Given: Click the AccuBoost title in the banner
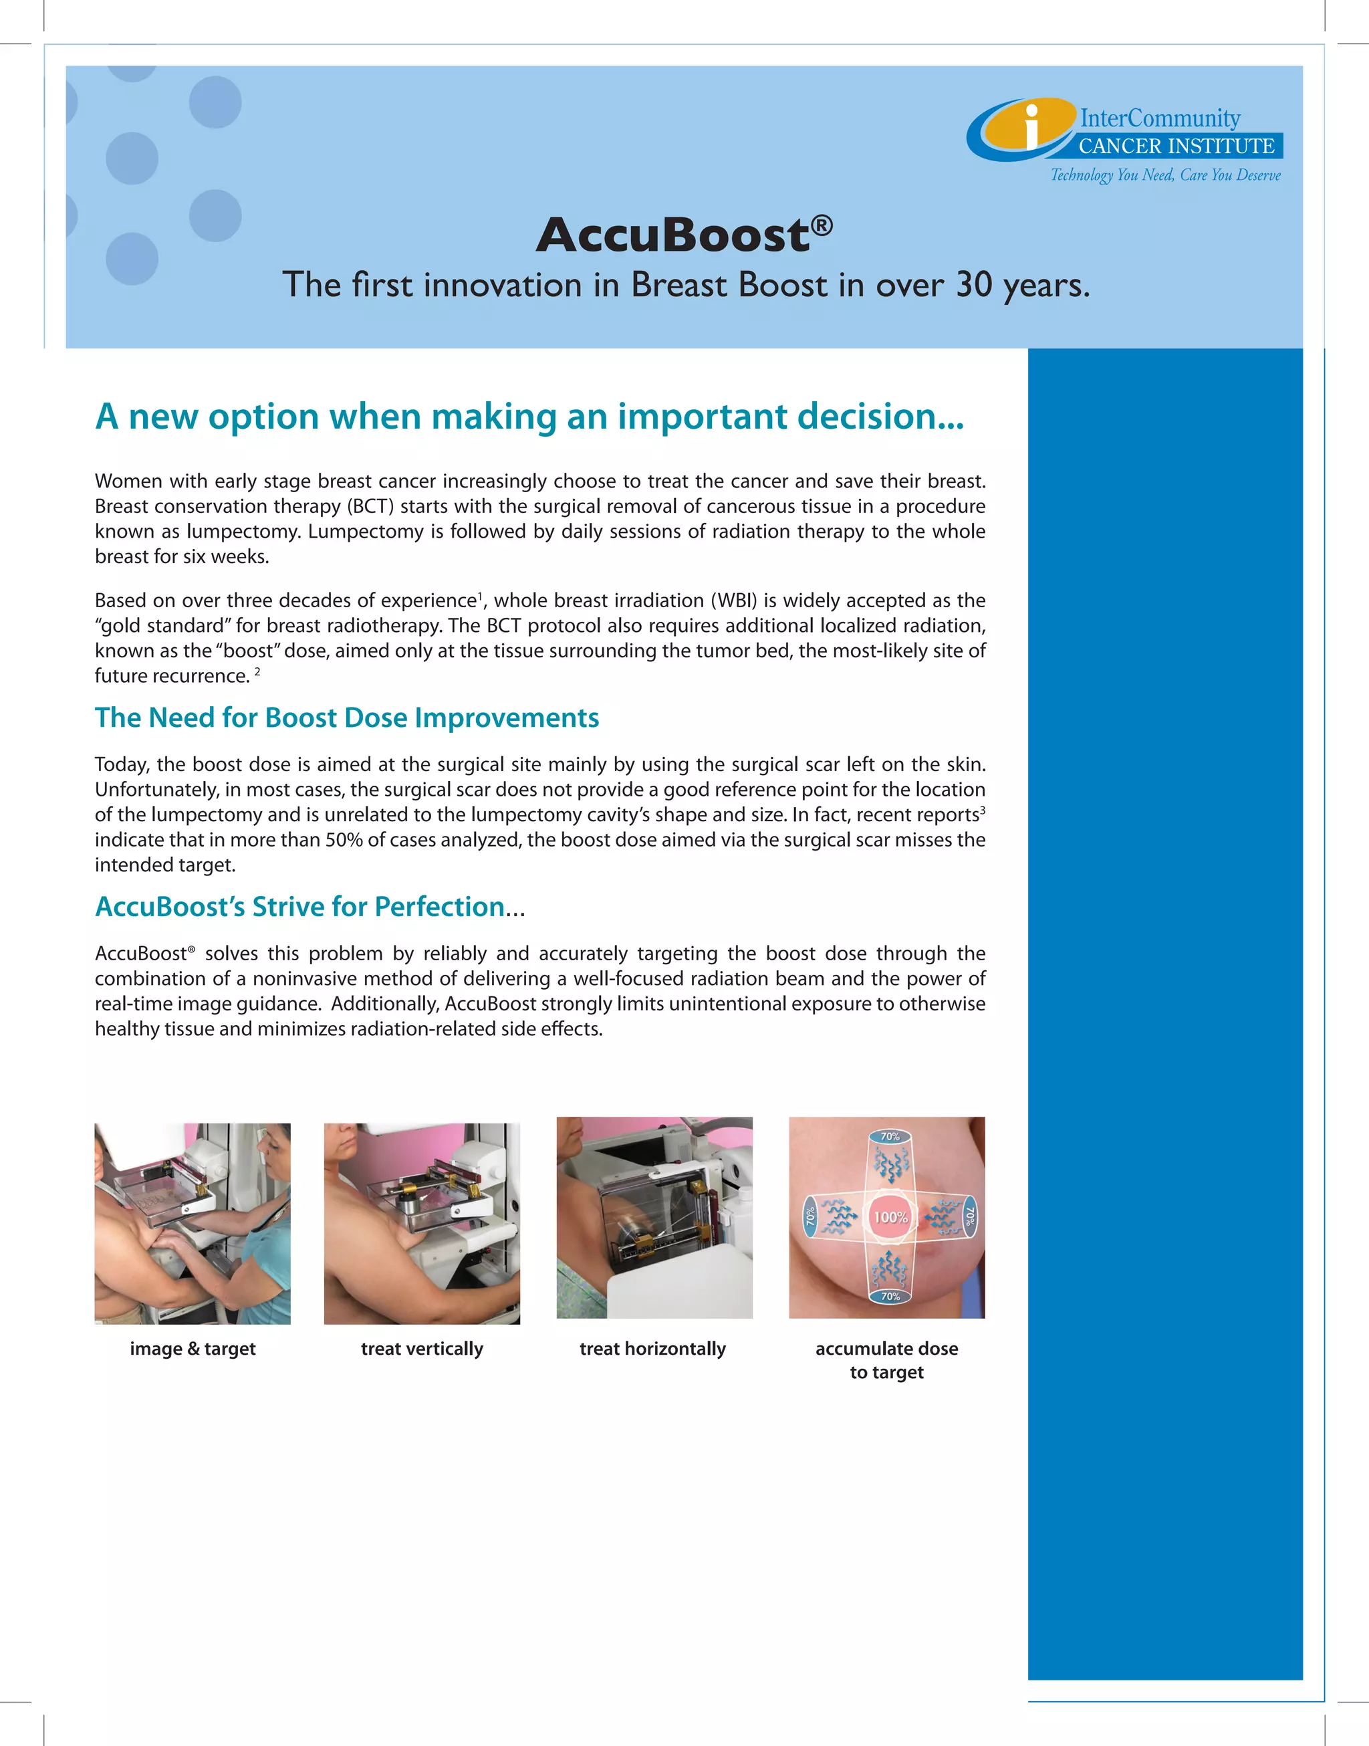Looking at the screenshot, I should click(673, 235).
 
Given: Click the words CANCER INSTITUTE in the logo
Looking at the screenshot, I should click(1176, 146).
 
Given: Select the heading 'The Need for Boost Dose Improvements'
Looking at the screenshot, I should click(346, 718).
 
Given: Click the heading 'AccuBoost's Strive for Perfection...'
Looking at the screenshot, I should click(309, 907).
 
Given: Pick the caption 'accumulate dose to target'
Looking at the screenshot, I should click(886, 1359).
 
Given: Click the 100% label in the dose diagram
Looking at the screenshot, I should click(890, 1217).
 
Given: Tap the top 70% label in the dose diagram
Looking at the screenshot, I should click(890, 1136).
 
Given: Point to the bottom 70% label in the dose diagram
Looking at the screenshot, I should click(890, 1296).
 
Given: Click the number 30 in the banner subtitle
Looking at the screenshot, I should click(974, 286).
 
